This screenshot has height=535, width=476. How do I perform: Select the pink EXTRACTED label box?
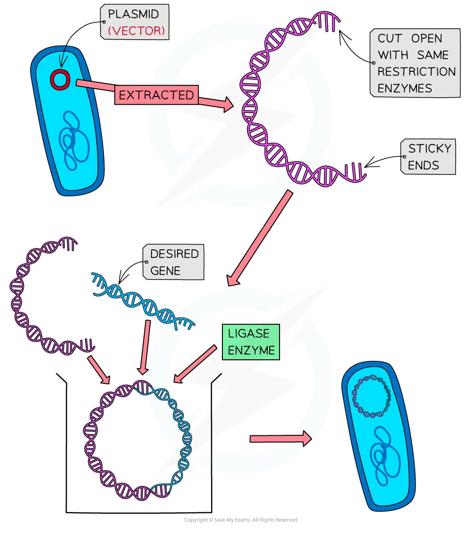pyautogui.click(x=156, y=95)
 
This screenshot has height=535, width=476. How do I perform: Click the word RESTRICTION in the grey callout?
pyautogui.click(x=416, y=72)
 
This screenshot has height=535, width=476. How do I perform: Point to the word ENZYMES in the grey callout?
pyautogui.click(x=405, y=88)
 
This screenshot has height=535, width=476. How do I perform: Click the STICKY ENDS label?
pyautogui.click(x=429, y=157)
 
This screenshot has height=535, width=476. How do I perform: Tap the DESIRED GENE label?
pyautogui.click(x=174, y=262)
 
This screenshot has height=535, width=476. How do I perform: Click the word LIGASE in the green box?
pyautogui.click(x=248, y=333)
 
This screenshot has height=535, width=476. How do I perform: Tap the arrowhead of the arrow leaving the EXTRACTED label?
pyautogui.click(x=228, y=105)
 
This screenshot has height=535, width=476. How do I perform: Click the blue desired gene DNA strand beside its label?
pyautogui.click(x=137, y=295)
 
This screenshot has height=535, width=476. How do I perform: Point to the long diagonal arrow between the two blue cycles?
pyautogui.click(x=260, y=236)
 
